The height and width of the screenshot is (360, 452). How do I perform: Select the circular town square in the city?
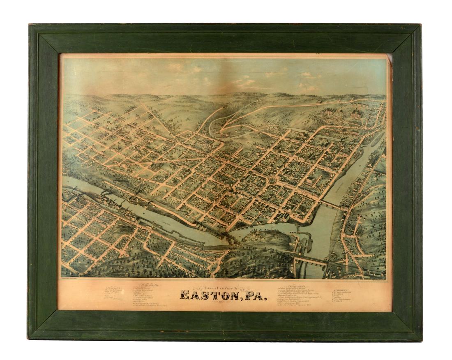pyautogui.click(x=271, y=180)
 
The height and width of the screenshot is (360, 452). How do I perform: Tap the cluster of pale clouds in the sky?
pyautogui.click(x=247, y=78)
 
